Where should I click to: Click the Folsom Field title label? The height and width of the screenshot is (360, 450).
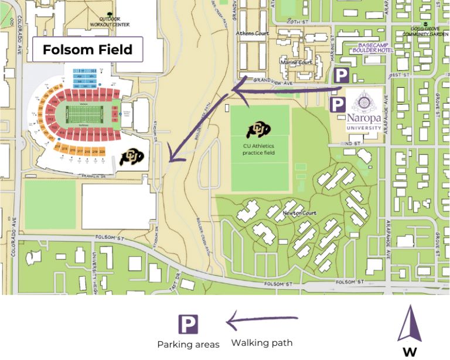87,50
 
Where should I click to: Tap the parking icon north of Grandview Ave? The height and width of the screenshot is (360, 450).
341,75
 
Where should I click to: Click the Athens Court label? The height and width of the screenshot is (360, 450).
253,33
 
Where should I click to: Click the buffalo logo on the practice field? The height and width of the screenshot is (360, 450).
258,131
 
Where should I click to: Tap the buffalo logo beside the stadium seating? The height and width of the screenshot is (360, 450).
131,156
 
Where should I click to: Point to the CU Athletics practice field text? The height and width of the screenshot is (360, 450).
258,149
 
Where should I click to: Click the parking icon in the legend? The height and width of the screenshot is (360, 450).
188,324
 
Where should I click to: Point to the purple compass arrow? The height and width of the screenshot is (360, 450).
409,323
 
